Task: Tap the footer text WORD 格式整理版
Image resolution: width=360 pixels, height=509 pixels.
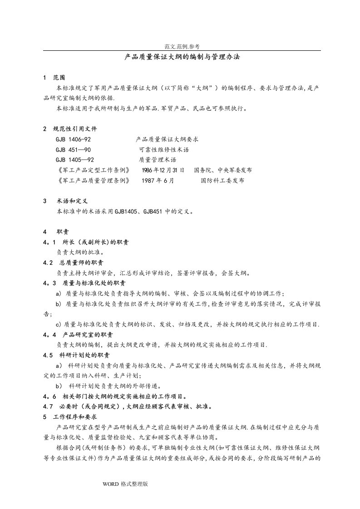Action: [126, 484]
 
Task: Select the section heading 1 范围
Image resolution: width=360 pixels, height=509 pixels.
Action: [56, 77]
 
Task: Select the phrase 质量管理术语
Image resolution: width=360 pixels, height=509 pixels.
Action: [158, 160]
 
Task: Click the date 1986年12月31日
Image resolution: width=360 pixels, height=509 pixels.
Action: [163, 170]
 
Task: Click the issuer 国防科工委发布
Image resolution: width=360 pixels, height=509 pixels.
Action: [222, 180]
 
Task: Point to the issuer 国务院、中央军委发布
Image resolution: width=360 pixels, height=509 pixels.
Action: [223, 170]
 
